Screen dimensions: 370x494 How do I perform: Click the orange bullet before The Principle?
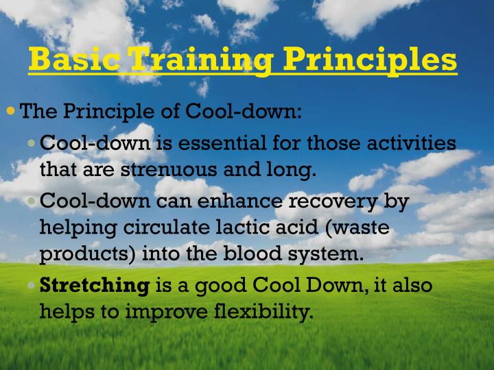(x=10, y=110)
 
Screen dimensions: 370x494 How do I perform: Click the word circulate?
(x=167, y=227)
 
